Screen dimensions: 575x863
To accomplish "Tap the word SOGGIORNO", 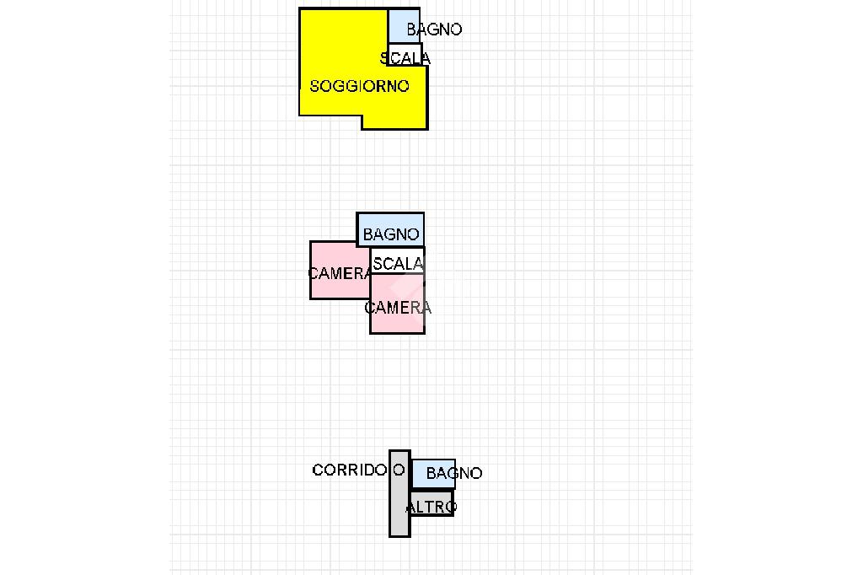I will tap(360, 86).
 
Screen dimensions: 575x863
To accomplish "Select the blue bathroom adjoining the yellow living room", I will tap(403, 23).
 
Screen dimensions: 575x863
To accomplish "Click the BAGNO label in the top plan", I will tap(434, 30).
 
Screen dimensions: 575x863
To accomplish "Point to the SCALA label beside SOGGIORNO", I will tap(405, 58).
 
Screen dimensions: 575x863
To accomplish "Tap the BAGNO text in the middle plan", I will tap(391, 234).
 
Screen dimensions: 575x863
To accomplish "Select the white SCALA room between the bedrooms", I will tap(398, 261).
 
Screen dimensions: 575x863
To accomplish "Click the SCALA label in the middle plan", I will tap(398, 264).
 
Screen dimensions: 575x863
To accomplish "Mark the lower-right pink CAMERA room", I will tap(397, 320).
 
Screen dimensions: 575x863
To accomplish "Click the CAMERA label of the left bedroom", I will tap(340, 273).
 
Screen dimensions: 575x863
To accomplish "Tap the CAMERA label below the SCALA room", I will tap(398, 308).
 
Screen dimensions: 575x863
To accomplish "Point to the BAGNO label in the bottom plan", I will tap(454, 474).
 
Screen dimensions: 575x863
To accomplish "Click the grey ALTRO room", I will tap(431, 503).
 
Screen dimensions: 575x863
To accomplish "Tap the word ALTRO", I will tap(431, 507).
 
